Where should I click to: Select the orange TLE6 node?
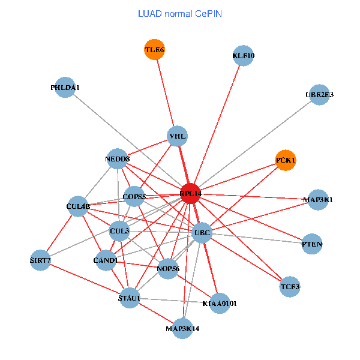pos(154,50)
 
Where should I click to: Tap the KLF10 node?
pos(243,56)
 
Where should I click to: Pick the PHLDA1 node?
pos(65,88)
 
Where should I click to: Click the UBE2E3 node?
pos(319,95)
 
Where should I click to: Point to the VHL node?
pos(178,137)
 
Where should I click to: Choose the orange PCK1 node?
pos(286,160)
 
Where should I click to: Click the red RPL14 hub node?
pos(190,194)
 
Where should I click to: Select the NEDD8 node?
pos(118,159)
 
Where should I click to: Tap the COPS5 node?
pos(134,196)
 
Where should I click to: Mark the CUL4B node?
pos(79,207)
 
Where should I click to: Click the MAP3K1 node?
pos(317,200)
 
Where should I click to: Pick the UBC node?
pos(202,232)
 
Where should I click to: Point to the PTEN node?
pos(312,244)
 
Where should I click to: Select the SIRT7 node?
pos(40,260)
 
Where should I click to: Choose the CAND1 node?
pos(106,260)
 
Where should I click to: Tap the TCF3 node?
pos(290,286)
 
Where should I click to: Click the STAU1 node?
pos(130,298)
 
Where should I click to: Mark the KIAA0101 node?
pos(220,304)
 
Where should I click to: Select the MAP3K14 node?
pos(182,328)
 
